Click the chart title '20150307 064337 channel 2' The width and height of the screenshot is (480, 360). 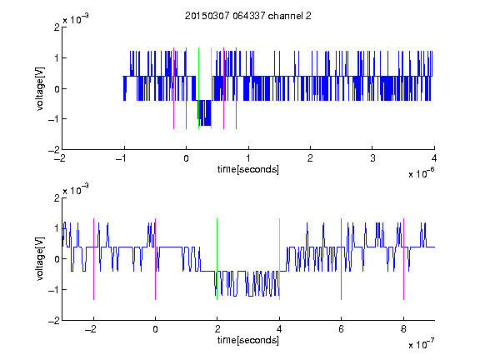tap(248, 16)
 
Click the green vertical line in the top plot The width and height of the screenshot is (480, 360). tap(198, 88)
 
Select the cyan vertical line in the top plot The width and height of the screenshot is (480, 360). tap(211, 88)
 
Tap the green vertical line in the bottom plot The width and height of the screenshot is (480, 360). tap(217, 259)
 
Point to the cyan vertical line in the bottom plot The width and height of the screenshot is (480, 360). tap(279, 259)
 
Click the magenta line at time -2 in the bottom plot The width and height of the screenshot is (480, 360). tap(93, 259)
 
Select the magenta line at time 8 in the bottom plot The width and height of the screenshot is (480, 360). tap(404, 259)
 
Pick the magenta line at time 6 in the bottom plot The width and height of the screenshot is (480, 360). tap(342, 259)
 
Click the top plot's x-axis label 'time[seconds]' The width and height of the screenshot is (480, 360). tap(248, 169)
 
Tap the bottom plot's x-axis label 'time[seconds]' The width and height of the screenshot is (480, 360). tap(248, 340)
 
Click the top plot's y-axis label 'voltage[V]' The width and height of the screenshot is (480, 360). tap(40, 88)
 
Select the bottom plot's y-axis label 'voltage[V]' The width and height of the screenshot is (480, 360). tap(40, 259)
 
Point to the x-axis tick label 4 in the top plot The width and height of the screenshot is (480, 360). tap(434, 158)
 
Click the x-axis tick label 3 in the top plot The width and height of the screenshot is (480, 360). tap(372, 158)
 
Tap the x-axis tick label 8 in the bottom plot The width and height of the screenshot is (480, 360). tap(403, 329)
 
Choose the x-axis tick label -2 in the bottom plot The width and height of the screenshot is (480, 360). tap(91, 329)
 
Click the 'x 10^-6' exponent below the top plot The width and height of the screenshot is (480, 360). tap(421, 173)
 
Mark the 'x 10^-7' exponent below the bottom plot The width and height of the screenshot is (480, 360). tap(421, 344)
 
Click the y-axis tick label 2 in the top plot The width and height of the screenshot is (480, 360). tap(57, 27)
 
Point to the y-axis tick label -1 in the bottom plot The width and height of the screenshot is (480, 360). tap(53, 290)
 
